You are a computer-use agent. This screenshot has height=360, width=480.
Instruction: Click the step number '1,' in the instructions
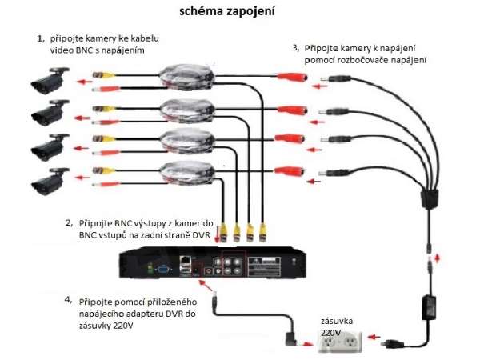[x=41, y=38]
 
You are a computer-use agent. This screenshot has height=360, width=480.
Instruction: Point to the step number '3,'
[x=296, y=48]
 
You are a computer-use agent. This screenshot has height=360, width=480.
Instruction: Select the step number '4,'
[x=70, y=302]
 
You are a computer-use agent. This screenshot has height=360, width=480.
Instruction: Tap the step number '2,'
[x=70, y=222]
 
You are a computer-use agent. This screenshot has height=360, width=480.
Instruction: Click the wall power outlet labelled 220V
[x=340, y=343]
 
